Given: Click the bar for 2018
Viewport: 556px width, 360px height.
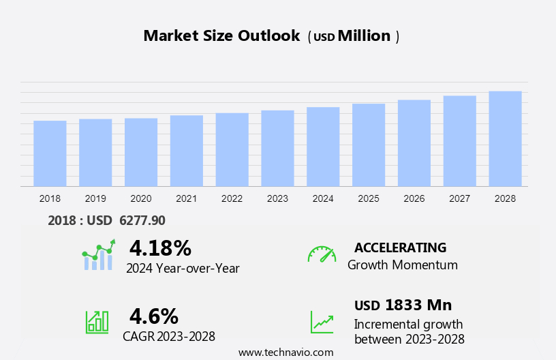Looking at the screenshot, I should (50, 153).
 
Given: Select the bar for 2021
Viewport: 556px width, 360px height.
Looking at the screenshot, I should (187, 151).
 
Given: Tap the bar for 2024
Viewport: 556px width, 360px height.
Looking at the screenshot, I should (323, 147).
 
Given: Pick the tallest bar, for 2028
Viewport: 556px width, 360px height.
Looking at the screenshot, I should (505, 138).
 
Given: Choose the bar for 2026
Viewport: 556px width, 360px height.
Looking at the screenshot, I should (414, 143).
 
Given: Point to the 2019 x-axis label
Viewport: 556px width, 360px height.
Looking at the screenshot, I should (95, 198).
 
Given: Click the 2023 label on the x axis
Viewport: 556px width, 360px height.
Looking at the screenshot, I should (277, 198).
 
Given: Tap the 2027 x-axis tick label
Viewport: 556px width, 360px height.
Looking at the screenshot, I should (459, 198).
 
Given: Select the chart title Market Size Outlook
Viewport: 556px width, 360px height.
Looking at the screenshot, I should (221, 36).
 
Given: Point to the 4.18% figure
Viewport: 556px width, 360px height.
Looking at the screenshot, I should (160, 247).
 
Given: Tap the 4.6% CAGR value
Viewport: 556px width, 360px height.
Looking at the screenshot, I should (154, 316).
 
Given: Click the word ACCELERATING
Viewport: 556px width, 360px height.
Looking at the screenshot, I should (400, 247).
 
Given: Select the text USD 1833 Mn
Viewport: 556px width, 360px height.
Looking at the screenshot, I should (403, 305).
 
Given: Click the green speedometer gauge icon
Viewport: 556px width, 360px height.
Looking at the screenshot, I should (322, 254).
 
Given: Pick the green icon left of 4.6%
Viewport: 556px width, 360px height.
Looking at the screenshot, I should (97, 321).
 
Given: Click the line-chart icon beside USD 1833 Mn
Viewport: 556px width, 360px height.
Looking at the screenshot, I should (322, 321).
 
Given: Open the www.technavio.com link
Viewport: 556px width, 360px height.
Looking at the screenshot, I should (285, 352).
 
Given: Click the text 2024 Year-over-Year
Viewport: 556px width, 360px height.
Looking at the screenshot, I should (183, 268).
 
